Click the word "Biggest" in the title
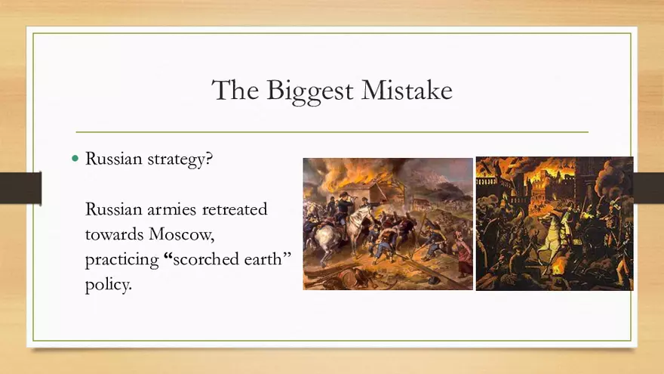tap(309, 91)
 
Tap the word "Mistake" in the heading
tap(407, 90)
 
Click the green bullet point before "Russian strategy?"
tap(75, 159)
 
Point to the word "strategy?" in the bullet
tap(180, 160)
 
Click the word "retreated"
tap(235, 209)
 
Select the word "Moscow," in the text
tap(182, 234)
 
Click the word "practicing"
tap(122, 260)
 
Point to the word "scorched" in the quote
tap(206, 258)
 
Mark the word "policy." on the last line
tap(109, 285)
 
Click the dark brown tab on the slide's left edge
tap(21, 188)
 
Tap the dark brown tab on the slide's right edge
tap(648, 188)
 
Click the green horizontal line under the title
tap(332, 132)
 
